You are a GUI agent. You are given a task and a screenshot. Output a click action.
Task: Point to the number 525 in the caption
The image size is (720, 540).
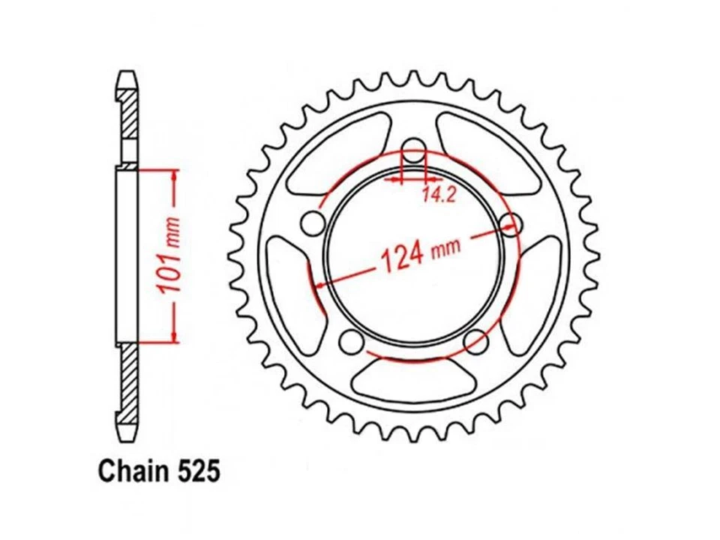coord(196,472)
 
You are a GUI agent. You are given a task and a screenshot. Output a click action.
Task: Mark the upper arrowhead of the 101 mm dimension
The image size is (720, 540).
coord(175,175)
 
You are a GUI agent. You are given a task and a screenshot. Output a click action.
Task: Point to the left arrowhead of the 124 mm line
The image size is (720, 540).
coord(320,284)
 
